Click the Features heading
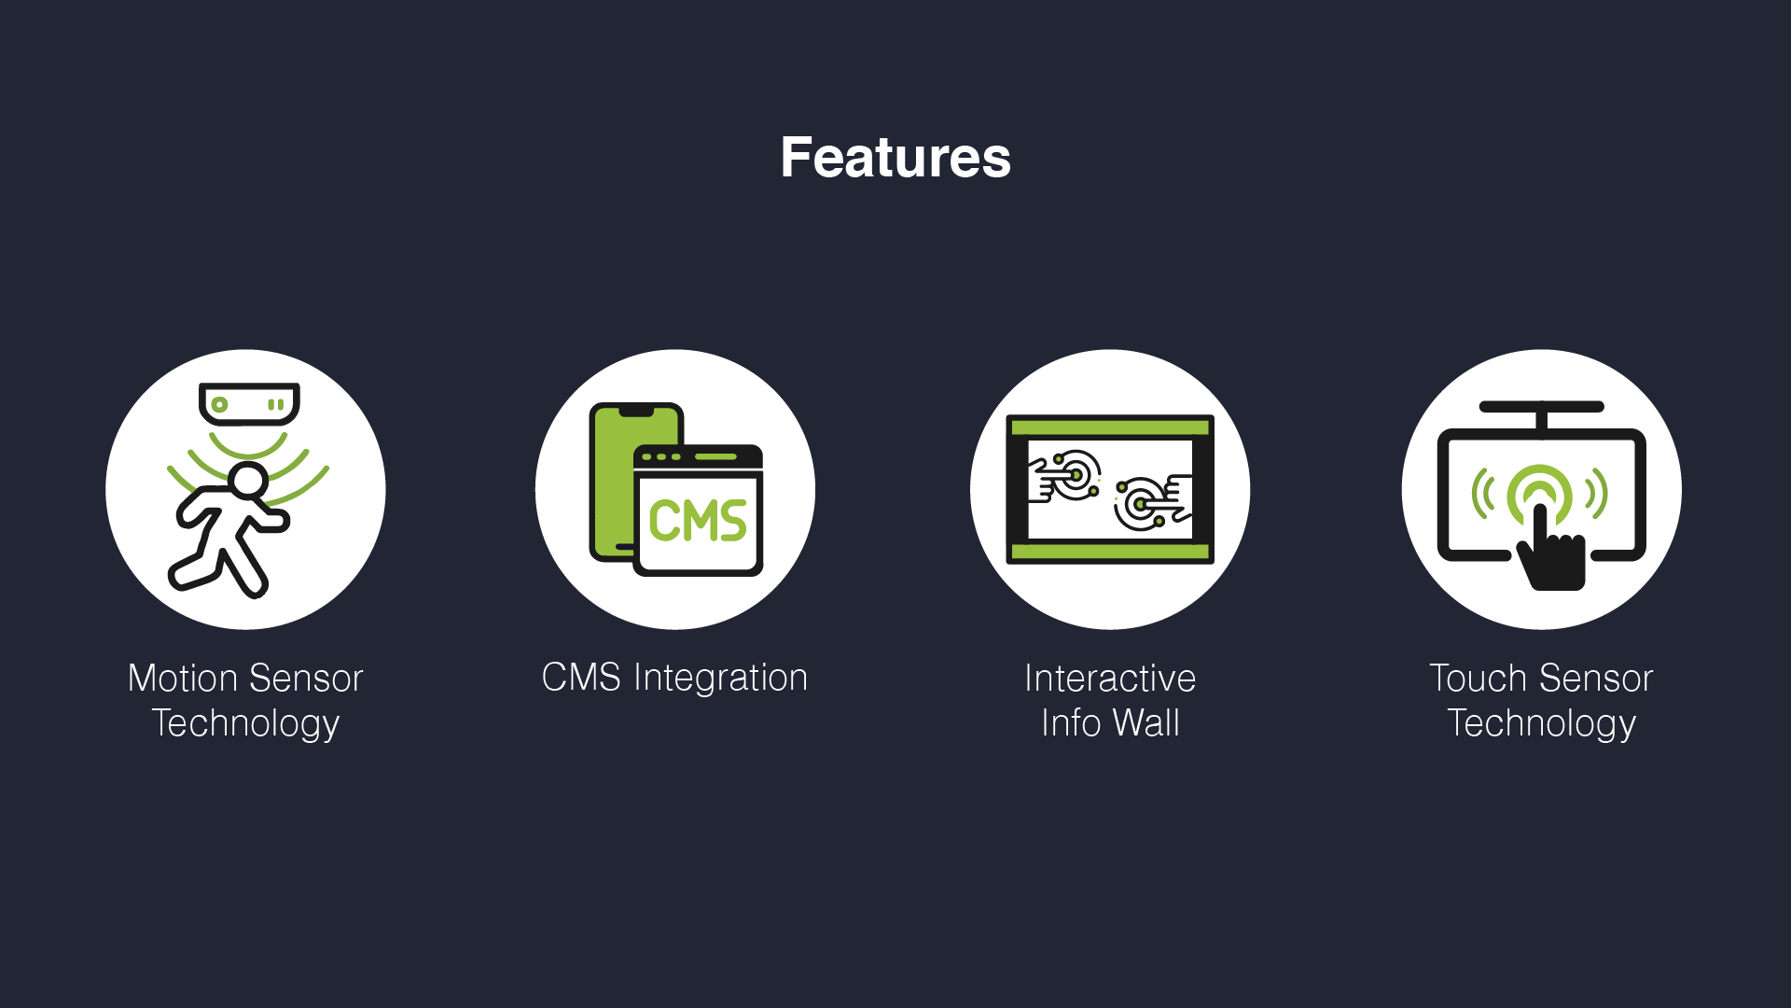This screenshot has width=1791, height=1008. click(895, 157)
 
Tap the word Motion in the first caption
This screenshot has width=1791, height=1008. click(183, 678)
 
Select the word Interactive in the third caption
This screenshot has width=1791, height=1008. click(1110, 678)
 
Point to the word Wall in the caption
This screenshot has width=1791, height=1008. click(1145, 722)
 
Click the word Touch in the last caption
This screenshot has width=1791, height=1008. click(1478, 678)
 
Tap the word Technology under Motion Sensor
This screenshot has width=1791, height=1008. click(245, 724)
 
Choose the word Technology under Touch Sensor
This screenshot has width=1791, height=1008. click(1542, 724)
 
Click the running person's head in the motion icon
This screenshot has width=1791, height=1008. click(248, 480)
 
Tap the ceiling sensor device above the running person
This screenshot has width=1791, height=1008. click(249, 403)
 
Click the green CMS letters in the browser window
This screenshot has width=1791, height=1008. click(698, 520)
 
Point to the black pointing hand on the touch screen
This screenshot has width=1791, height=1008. click(1550, 551)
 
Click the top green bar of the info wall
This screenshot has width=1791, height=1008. click(1110, 427)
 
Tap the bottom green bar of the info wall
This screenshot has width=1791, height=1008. click(1110, 552)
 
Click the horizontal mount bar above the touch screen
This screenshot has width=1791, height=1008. click(1542, 407)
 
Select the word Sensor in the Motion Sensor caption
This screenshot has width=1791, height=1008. click(306, 678)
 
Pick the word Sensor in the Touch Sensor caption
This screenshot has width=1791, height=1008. click(1596, 678)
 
